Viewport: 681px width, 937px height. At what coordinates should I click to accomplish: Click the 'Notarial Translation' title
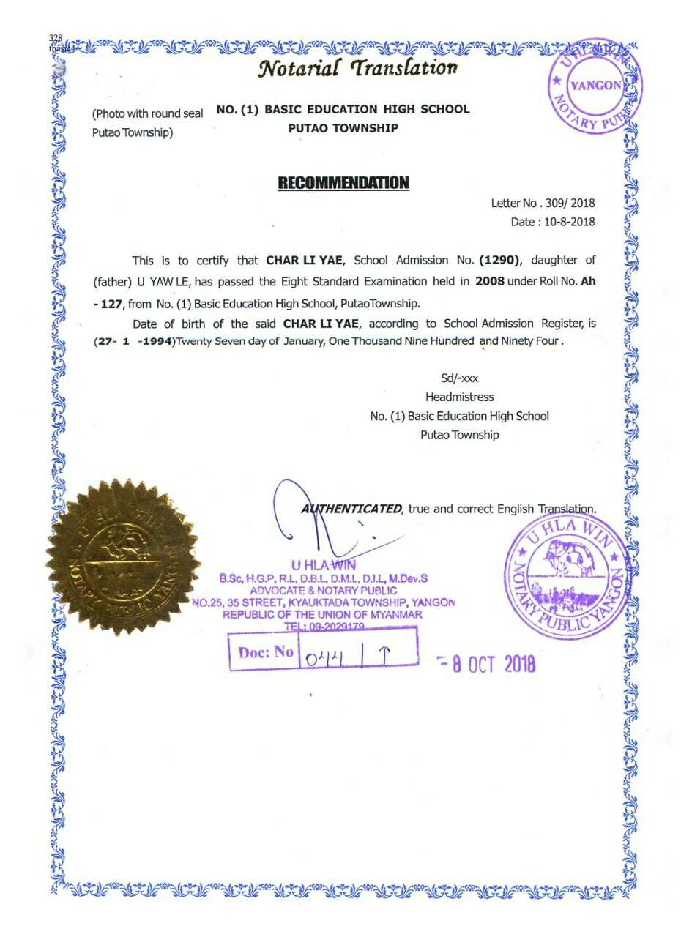point(357,68)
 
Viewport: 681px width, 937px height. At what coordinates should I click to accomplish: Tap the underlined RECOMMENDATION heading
point(343,182)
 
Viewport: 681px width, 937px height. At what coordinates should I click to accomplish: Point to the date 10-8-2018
point(570,222)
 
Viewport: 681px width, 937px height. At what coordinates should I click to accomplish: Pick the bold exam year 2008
point(490,281)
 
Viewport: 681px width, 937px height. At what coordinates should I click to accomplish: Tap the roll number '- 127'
point(109,303)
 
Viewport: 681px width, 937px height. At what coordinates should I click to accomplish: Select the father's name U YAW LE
point(160,282)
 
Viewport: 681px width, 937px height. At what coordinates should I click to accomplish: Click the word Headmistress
point(459,397)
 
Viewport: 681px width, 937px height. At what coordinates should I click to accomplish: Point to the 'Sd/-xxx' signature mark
point(459,378)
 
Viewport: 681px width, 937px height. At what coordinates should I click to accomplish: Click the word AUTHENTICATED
point(352,509)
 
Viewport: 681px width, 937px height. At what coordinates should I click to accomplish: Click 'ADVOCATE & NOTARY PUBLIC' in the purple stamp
point(324,590)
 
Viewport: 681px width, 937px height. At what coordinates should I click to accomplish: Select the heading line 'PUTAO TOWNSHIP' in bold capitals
point(343,128)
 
